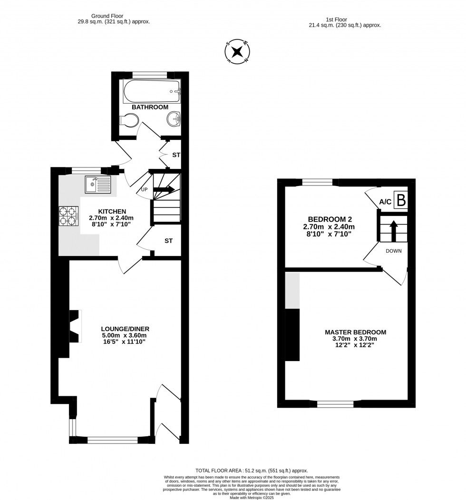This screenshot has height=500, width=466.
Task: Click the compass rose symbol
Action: pos(237,51)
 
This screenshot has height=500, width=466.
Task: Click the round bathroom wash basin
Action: pos(174,119)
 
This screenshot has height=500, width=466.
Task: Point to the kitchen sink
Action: pos(97,184)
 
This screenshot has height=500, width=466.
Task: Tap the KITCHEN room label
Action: pos(112,212)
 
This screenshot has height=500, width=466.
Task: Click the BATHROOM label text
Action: pos(150,108)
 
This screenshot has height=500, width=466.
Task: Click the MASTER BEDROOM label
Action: pos(355,332)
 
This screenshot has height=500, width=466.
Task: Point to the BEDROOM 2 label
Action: pos(329,219)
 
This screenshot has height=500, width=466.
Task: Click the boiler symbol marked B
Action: pos(401,201)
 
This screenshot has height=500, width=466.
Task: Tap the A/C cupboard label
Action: pos(385,202)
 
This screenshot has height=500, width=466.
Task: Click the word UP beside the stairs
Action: pos(144,190)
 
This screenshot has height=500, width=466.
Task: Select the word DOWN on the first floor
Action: pos(393,251)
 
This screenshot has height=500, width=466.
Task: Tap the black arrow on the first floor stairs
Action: pos(394,230)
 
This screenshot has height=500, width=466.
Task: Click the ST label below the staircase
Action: pos(168,241)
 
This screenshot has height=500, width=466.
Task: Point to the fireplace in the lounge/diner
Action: pos(75,326)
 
